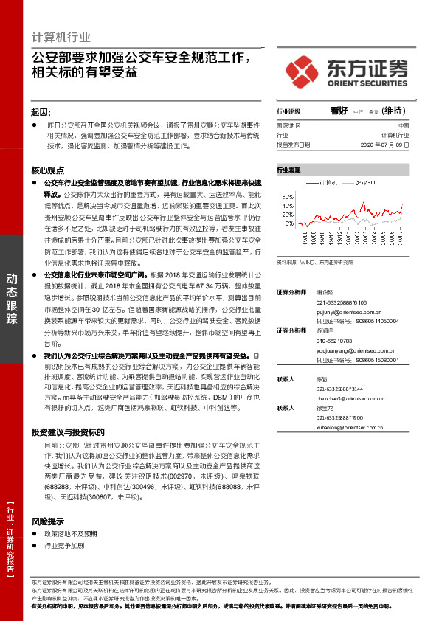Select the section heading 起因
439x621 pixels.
[x=41, y=111]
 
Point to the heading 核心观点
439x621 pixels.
[x=47, y=169]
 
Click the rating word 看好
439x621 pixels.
[x=339, y=111]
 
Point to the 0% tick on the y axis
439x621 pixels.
[x=289, y=223]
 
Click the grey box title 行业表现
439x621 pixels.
[x=288, y=170]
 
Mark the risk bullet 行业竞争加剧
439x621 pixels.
[x=65, y=546]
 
